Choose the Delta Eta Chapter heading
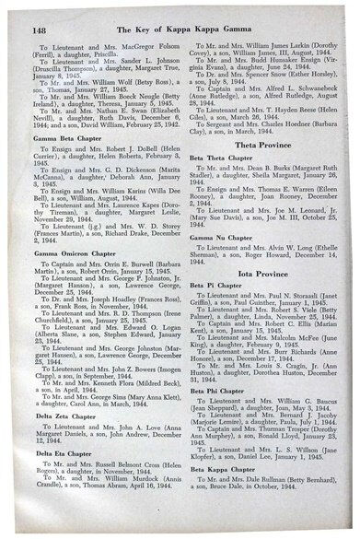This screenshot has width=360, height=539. click(x=65, y=479)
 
